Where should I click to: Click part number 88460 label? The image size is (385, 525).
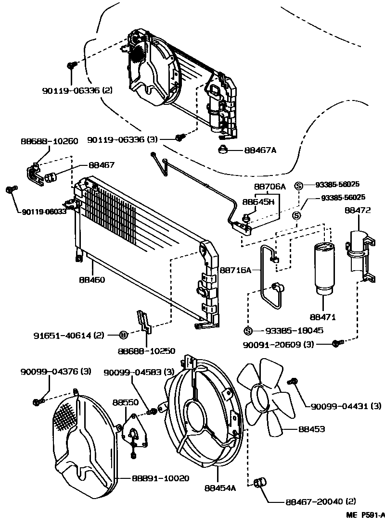pos(92,279)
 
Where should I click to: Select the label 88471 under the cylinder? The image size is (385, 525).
pos(322,317)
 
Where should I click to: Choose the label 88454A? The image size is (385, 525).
pos(221,488)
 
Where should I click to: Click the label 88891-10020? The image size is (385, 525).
pos(160,478)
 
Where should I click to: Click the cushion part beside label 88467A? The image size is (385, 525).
pos(224,150)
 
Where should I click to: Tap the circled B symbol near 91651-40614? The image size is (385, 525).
pos(123,335)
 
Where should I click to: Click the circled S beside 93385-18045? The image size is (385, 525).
pos(248,330)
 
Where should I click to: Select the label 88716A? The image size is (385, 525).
pos(236,271)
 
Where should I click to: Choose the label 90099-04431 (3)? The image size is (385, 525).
pos(343,407)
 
